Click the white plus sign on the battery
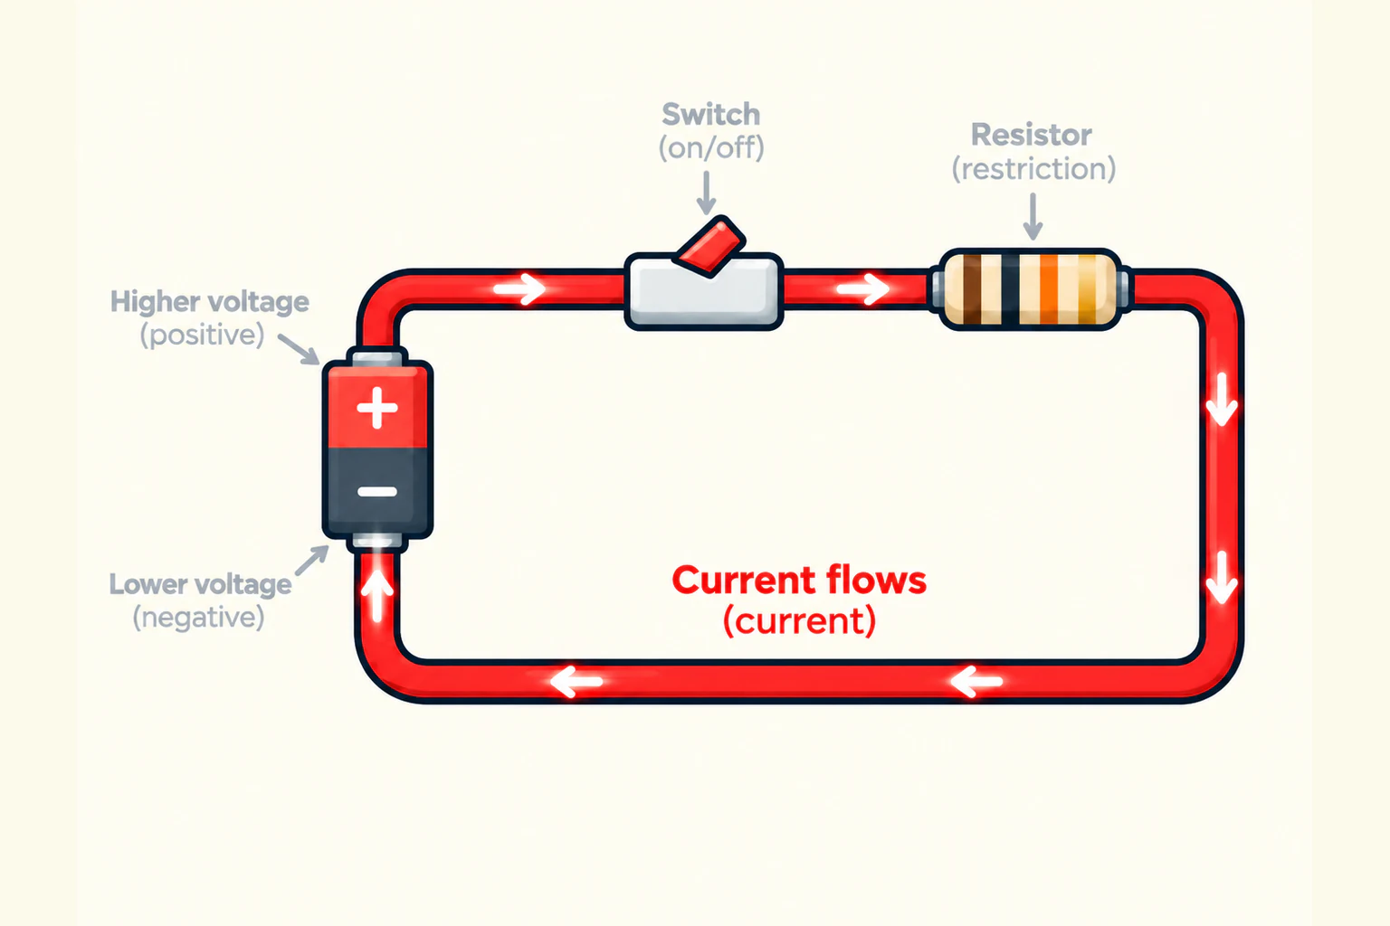tap(376, 408)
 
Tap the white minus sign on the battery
tap(377, 492)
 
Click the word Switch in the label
tap(711, 114)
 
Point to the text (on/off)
tap(711, 147)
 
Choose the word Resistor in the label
tap(1032, 135)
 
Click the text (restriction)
tap(1033, 169)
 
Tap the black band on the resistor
tap(1010, 289)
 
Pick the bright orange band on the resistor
tap(1049, 289)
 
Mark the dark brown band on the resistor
tap(972, 289)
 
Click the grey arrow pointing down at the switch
tap(706, 193)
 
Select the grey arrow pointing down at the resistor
tap(1033, 216)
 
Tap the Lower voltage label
tap(200, 584)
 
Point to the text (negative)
tap(198, 617)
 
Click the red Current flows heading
tap(799, 581)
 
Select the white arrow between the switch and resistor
tap(863, 289)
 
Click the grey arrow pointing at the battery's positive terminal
tap(300, 349)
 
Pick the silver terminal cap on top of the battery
tap(377, 358)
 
